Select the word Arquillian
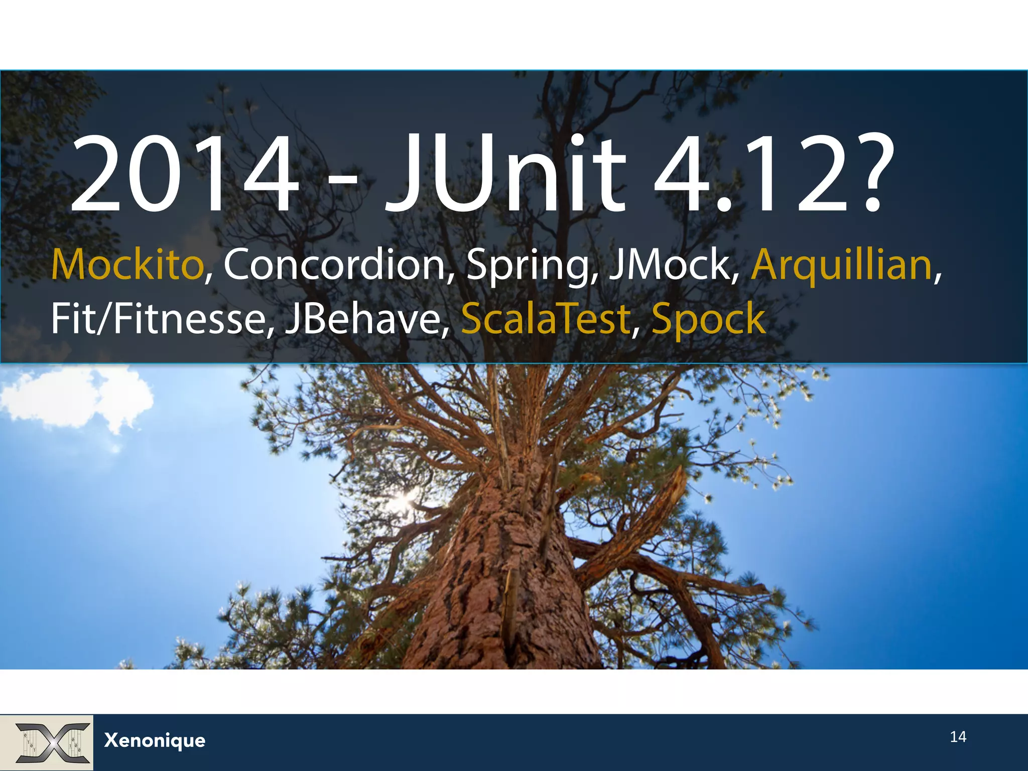click(x=841, y=265)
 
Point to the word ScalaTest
click(x=545, y=319)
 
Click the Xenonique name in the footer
click(x=155, y=740)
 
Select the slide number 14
click(x=958, y=736)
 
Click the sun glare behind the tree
click(x=404, y=499)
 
